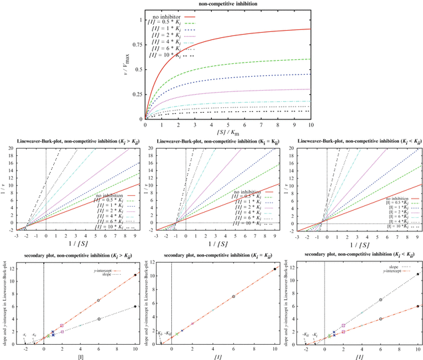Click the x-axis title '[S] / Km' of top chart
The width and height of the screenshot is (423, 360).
[x=228, y=132]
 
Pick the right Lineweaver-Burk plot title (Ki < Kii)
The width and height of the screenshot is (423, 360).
[x=352, y=141]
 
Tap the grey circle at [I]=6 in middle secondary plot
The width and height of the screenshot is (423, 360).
[x=233, y=297]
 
